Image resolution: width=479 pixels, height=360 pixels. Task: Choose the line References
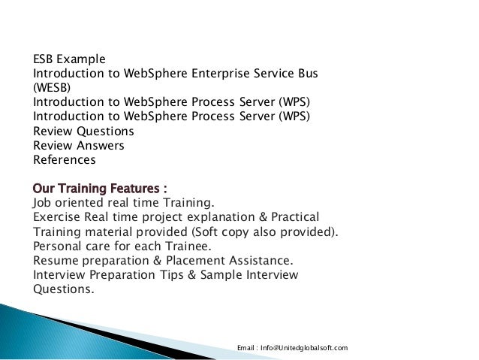point(65,159)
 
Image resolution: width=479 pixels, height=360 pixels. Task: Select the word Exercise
point(58,216)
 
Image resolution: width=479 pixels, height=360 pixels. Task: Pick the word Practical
point(294,216)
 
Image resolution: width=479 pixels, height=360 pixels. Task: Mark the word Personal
point(59,245)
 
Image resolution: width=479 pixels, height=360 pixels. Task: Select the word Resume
point(56,260)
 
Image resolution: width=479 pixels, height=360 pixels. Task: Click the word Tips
point(189,275)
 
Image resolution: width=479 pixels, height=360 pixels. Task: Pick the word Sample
point(234,275)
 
